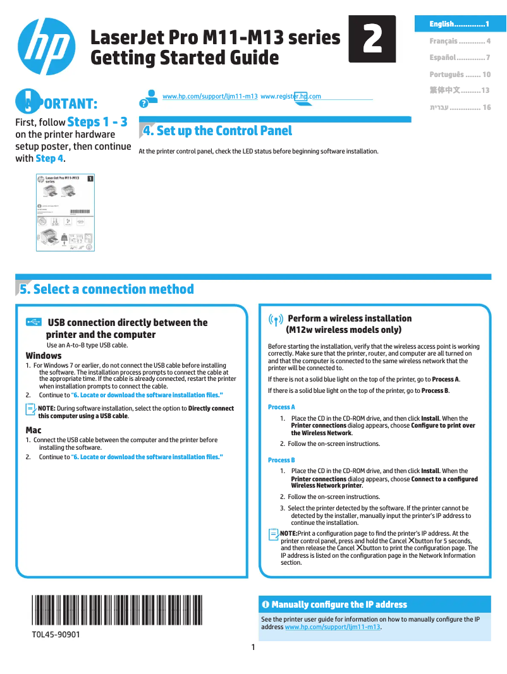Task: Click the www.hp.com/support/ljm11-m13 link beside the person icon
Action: click(210, 96)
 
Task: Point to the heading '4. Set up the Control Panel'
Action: click(217, 131)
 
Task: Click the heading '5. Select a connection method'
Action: click(106, 289)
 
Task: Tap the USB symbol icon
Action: click(35, 322)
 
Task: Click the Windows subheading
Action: click(44, 356)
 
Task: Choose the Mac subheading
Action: click(34, 430)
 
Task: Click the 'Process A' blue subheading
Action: click(281, 407)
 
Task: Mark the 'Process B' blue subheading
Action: click(281, 460)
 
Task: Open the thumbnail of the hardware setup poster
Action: click(64, 214)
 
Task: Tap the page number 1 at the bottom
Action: click(253, 647)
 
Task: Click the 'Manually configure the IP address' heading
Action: click(339, 605)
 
